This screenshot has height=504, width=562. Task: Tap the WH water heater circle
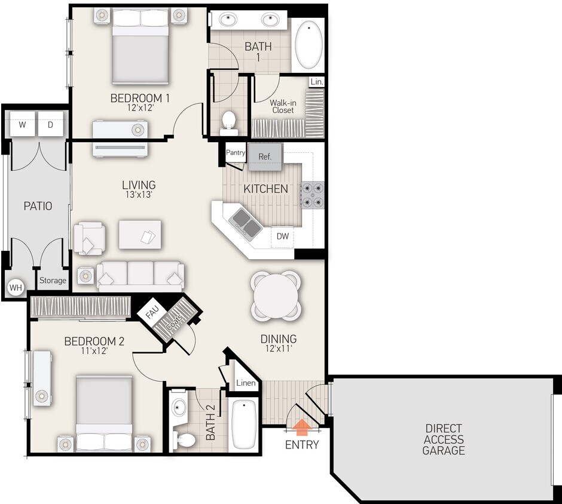click(x=15, y=288)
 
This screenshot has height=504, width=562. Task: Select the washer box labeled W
click(x=22, y=125)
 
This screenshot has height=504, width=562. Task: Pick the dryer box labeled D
click(x=50, y=125)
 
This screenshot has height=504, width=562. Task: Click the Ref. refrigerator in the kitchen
click(x=265, y=156)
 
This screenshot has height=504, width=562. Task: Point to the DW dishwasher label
click(x=283, y=236)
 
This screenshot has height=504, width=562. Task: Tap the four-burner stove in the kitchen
click(x=313, y=194)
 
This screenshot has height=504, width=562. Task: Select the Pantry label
click(x=236, y=152)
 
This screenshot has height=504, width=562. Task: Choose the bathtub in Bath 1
click(x=309, y=45)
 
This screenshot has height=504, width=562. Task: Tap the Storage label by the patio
click(x=53, y=280)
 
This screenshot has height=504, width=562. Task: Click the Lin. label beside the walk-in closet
click(x=316, y=81)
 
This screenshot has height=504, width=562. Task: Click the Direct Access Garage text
click(x=444, y=440)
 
